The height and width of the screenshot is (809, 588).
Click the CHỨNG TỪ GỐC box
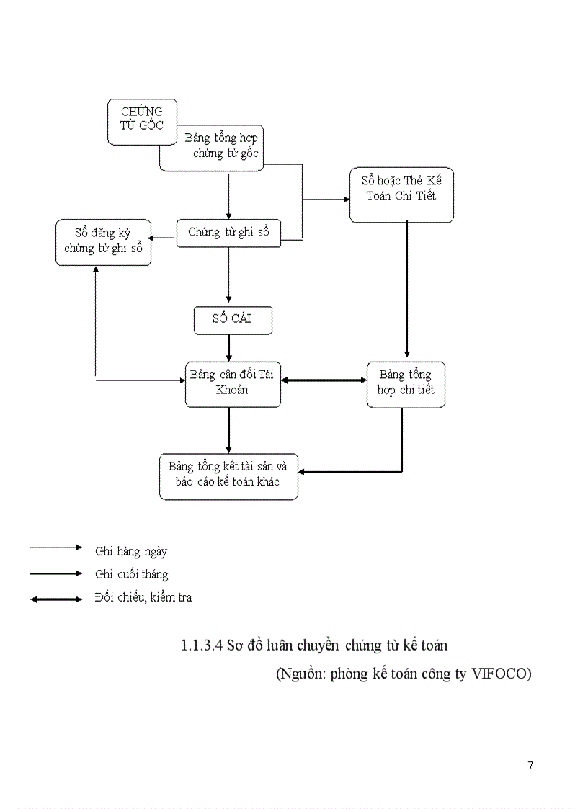click(x=142, y=117)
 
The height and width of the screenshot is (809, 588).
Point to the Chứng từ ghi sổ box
click(x=228, y=233)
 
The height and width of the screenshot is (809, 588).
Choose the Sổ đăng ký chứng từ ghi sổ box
click(x=104, y=241)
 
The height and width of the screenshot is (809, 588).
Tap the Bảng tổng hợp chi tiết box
click(x=406, y=385)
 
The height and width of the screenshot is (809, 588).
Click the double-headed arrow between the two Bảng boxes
click(x=324, y=380)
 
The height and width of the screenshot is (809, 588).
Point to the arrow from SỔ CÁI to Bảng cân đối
click(x=229, y=348)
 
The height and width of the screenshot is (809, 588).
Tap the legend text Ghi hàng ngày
click(x=131, y=552)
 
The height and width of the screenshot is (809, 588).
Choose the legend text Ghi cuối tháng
click(x=132, y=574)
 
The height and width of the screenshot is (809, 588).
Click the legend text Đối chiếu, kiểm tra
click(x=143, y=597)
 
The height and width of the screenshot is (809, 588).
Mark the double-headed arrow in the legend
click(x=56, y=599)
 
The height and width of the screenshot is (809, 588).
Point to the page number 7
click(x=530, y=765)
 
